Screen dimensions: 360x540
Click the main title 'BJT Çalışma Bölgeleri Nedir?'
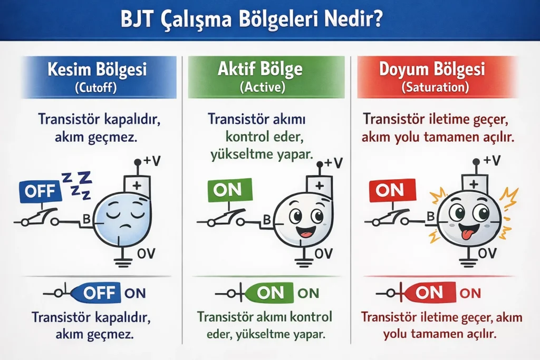(270, 20)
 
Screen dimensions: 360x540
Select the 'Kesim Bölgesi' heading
(97, 70)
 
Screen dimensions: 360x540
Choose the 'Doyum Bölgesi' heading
(439, 70)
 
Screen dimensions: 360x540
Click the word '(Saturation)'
(439, 87)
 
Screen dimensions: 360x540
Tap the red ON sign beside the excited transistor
(390, 190)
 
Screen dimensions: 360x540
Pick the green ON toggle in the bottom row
(269, 293)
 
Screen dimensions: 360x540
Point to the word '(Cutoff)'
(97, 87)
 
